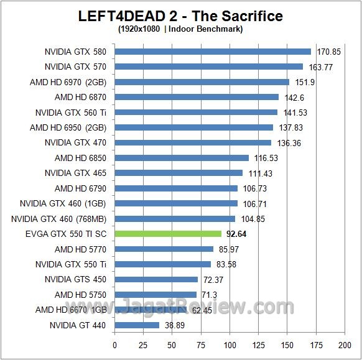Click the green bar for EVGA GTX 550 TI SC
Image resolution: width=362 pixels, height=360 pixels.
pos(168,234)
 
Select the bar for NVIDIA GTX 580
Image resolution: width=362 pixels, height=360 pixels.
pos(213,52)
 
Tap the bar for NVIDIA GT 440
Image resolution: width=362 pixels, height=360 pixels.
pos(137,325)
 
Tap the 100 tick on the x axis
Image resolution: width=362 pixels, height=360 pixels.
pos(230,344)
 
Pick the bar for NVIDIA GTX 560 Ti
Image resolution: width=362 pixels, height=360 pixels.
pos(196,113)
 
